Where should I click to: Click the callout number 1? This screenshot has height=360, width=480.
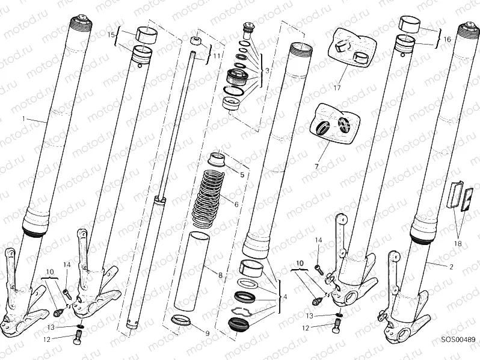[x=24, y=119]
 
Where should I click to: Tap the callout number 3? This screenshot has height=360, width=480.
[x=266, y=70]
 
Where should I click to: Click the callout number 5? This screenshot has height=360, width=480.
[x=242, y=175]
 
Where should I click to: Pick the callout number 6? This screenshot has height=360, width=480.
[x=236, y=205]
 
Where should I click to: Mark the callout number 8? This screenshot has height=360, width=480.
[x=221, y=276]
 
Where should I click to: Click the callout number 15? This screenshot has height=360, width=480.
[x=111, y=36]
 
